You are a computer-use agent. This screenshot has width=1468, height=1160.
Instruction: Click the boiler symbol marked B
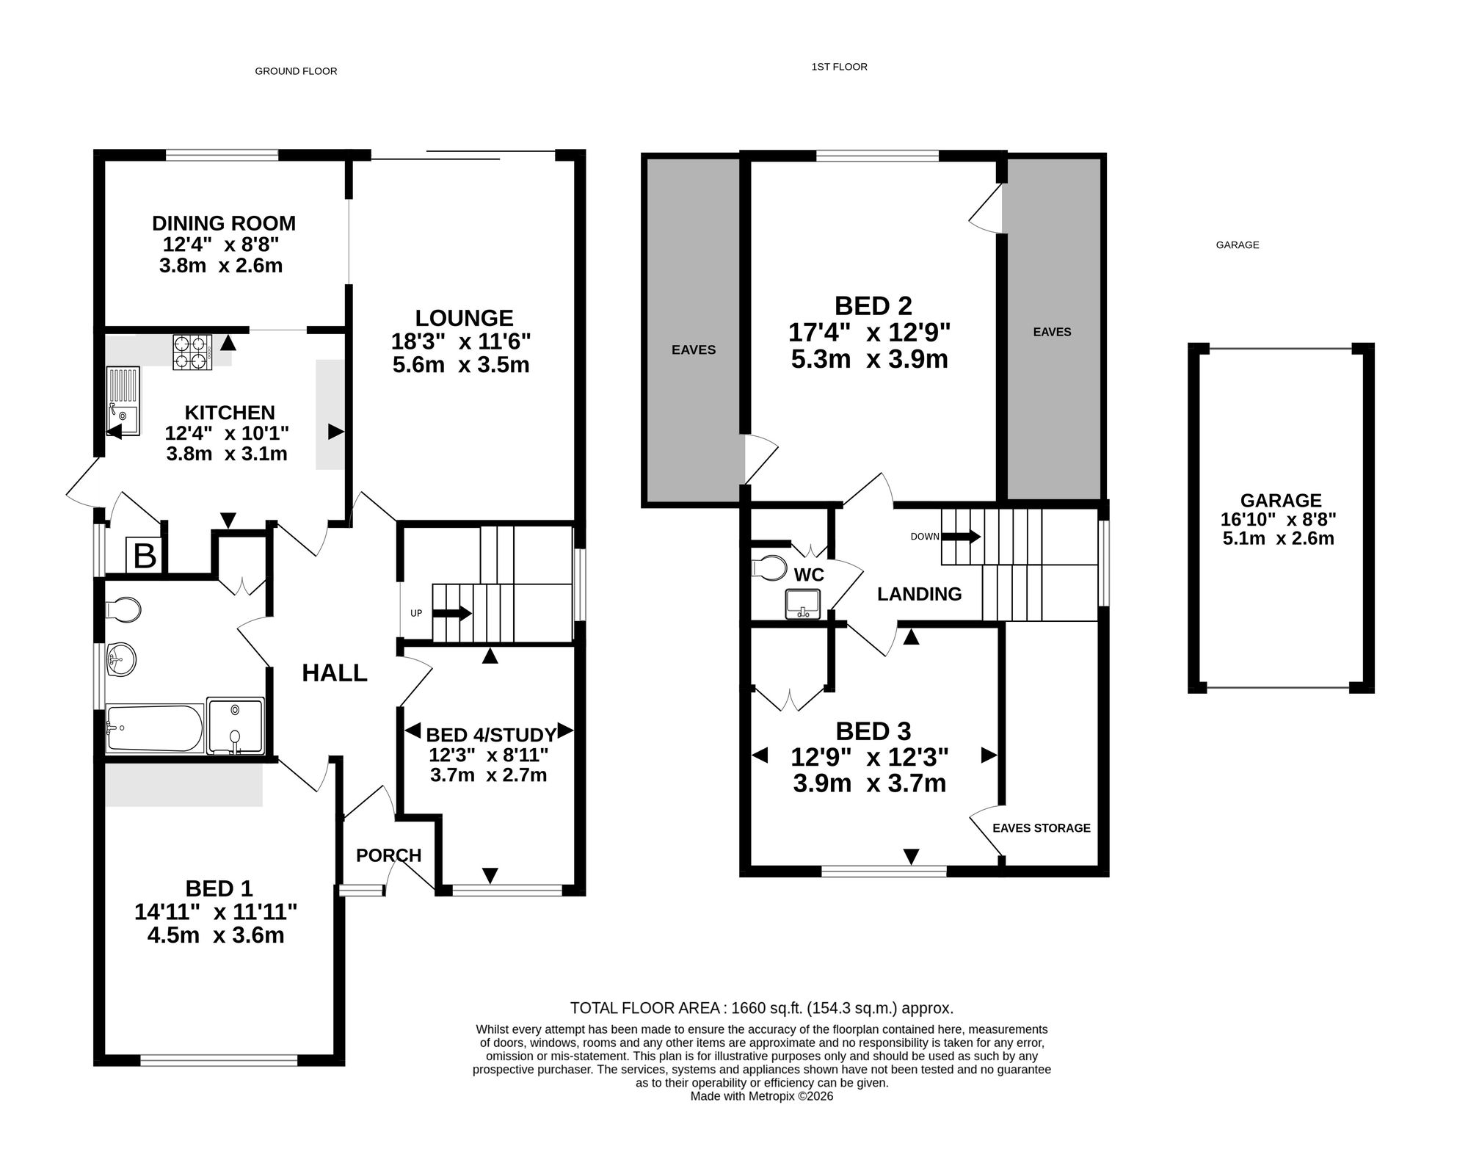click(x=145, y=555)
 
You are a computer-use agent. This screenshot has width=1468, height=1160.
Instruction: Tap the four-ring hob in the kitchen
click(x=192, y=352)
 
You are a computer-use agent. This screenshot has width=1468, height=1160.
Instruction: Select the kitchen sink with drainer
click(x=123, y=401)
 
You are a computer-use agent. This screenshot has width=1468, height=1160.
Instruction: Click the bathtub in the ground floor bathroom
click(x=155, y=728)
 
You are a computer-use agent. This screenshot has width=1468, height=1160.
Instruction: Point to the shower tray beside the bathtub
click(x=235, y=725)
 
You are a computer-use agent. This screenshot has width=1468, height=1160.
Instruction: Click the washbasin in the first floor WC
click(x=802, y=603)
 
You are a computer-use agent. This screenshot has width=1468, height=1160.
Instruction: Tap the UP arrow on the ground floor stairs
click(x=452, y=613)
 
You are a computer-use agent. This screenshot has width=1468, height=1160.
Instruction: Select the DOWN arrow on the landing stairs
click(x=961, y=536)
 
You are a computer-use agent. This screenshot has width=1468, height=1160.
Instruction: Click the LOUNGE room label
click(x=464, y=318)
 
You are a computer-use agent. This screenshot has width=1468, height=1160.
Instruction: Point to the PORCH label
click(x=388, y=855)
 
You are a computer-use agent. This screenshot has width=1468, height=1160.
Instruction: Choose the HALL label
click(x=335, y=673)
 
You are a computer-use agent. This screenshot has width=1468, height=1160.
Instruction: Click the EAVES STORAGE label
click(x=1042, y=828)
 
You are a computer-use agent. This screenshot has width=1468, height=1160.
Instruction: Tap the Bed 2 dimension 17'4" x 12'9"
click(x=869, y=333)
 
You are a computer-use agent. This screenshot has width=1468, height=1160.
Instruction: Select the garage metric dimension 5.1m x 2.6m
click(x=1278, y=539)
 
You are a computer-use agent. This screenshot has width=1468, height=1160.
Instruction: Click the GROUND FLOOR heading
click(x=296, y=71)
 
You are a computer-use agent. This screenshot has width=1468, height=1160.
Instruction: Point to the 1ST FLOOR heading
click(x=839, y=67)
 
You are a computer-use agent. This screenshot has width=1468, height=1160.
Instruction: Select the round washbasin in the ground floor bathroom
click(x=121, y=659)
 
